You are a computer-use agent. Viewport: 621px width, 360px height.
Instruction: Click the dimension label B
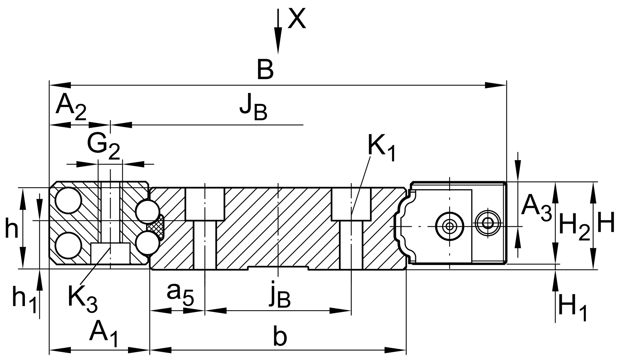(x=265, y=70)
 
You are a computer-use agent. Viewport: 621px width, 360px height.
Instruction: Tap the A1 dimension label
(x=104, y=333)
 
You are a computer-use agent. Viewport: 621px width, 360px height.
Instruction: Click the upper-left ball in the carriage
(x=68, y=200)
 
